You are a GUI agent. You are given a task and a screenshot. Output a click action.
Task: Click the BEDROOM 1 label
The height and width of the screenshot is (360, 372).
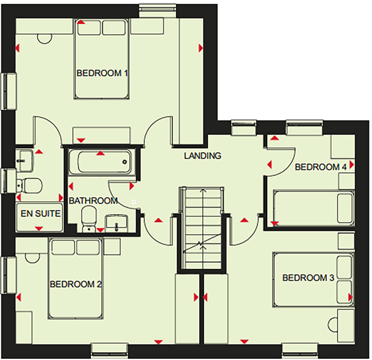pos(102,73)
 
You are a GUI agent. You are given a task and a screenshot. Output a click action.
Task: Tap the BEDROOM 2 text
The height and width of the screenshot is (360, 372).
pos(76,285)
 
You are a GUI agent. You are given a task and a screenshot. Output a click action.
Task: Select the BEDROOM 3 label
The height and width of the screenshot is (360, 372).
pos(308,278)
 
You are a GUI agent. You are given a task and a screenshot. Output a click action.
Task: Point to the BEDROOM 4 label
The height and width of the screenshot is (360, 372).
pos(320,167)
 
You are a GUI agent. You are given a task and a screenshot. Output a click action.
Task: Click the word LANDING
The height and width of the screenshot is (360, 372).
pos(203,156)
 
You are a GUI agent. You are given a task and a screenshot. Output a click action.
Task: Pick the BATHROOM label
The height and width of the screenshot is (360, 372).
pos(93,201)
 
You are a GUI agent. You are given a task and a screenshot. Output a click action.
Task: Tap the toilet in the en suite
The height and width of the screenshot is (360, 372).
pos(30,184)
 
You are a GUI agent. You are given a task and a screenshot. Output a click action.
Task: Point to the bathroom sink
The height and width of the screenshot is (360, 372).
pos(117,223)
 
